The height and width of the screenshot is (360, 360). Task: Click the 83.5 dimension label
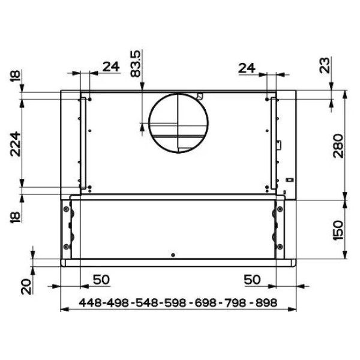tap(135, 64)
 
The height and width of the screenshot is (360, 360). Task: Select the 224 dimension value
tap(16, 144)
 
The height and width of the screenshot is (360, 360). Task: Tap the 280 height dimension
tap(338, 146)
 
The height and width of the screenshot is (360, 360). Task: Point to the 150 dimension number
tap(338, 230)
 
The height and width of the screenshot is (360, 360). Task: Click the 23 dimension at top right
tap(325, 65)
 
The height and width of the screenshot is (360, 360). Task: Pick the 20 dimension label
tap(26, 287)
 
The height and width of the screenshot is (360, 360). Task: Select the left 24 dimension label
tap(111, 67)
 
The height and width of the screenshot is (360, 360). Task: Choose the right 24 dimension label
tap(247, 68)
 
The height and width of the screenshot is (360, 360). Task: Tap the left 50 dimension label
tap(101, 280)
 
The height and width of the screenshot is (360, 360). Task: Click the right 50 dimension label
tap(252, 280)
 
